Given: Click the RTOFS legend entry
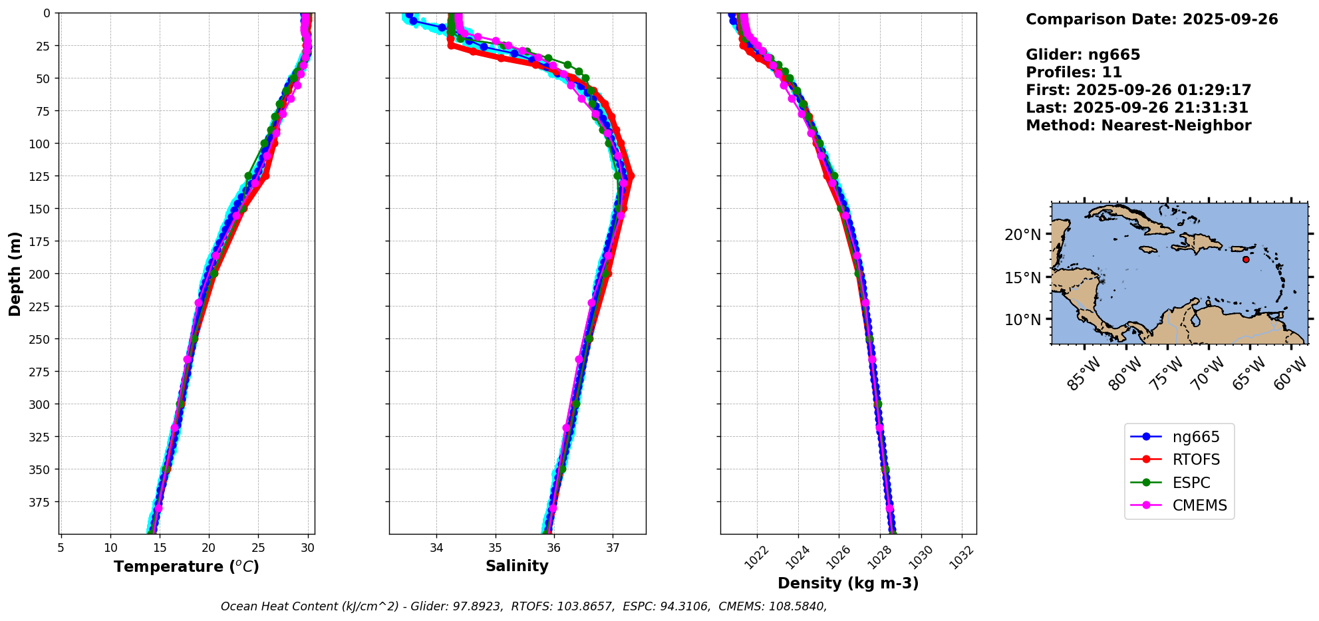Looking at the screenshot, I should click(1195, 459).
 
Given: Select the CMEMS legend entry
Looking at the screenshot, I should click(1199, 505).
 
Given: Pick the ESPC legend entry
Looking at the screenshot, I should click(1191, 483).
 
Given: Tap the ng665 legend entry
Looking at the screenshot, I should click(1195, 437).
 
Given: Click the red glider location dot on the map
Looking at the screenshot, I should click(1246, 259).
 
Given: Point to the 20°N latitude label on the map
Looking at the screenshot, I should click(1023, 235).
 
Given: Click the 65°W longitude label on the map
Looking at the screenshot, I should click(1250, 373).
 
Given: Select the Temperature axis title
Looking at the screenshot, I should click(186, 566).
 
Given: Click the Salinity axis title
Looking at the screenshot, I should click(517, 566).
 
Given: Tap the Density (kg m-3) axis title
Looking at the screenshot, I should click(848, 583).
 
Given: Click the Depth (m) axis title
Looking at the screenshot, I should click(15, 273).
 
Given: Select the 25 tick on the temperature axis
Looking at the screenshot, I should click(258, 548).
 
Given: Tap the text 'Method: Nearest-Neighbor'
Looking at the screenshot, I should click(1138, 126).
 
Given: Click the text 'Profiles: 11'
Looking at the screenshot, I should click(1074, 72).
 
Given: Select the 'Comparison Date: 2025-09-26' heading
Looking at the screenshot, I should click(1151, 19).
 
